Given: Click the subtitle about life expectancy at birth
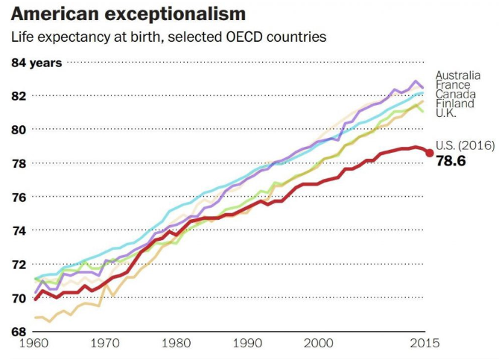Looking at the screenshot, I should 168,37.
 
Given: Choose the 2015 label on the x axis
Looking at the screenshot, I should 425,344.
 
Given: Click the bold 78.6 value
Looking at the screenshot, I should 451,160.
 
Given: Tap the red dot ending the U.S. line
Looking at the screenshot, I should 430,153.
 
